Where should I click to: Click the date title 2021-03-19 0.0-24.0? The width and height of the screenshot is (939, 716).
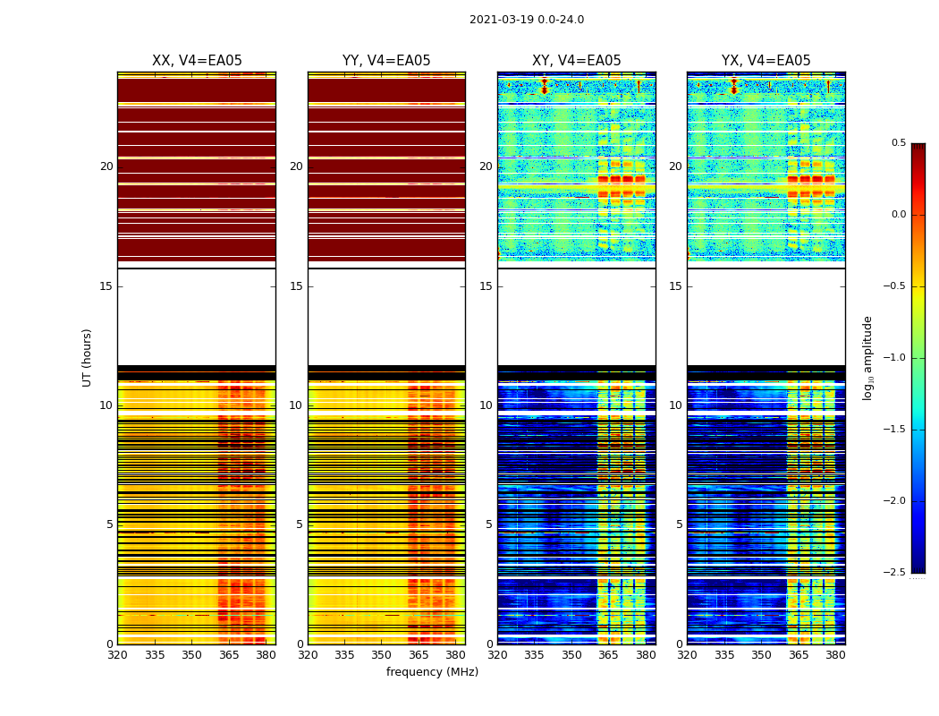526,20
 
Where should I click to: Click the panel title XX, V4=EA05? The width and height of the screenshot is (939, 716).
197,61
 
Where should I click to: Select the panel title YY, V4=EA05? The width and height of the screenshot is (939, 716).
386,61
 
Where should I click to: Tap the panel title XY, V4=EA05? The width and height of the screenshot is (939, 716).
576,61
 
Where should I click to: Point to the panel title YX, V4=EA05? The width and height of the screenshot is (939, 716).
766,61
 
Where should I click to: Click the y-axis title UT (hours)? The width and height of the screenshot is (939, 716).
87,357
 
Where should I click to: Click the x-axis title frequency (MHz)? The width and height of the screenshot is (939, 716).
432,672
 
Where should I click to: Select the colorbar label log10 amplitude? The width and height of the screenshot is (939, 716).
867,357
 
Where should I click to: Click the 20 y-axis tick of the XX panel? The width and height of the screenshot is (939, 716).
106,166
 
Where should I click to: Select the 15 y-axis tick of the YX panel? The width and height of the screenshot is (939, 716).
675,286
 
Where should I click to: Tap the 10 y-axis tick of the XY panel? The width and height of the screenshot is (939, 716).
486,405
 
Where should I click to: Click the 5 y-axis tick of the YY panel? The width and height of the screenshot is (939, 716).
300,524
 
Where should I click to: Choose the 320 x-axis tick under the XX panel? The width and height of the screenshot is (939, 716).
117,655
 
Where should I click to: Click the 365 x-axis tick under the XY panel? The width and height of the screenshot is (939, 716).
608,655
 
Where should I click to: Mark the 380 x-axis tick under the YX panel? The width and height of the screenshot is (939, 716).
835,655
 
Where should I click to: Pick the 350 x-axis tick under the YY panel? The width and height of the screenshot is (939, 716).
381,655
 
